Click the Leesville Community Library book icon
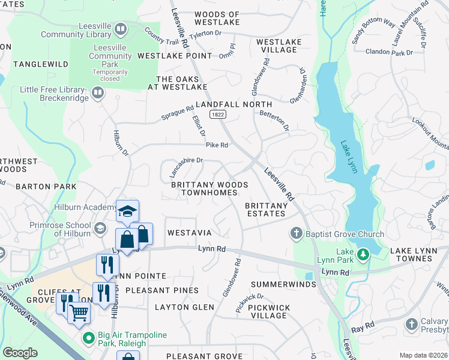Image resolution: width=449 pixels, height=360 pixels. click(x=121, y=29)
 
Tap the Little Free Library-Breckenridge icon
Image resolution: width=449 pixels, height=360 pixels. click(x=97, y=92)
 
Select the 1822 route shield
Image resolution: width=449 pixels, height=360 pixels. click(x=217, y=114)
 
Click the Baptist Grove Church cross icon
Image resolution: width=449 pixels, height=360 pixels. click(x=295, y=233)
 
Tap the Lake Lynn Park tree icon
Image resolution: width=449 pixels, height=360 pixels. click(x=363, y=255)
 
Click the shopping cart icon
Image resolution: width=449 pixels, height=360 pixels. click(x=79, y=312)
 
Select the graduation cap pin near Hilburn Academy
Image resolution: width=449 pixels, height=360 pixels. click(x=127, y=211)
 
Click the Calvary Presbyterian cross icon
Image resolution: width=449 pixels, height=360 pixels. click(x=411, y=324)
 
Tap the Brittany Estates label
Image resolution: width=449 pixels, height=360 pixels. click(x=267, y=210)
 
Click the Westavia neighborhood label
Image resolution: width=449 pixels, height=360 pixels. click(x=189, y=232)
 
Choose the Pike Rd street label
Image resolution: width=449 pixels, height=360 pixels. click(x=217, y=145)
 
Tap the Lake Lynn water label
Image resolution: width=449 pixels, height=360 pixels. click(x=349, y=157)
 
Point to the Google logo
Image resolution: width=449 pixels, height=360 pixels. click(x=21, y=353)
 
